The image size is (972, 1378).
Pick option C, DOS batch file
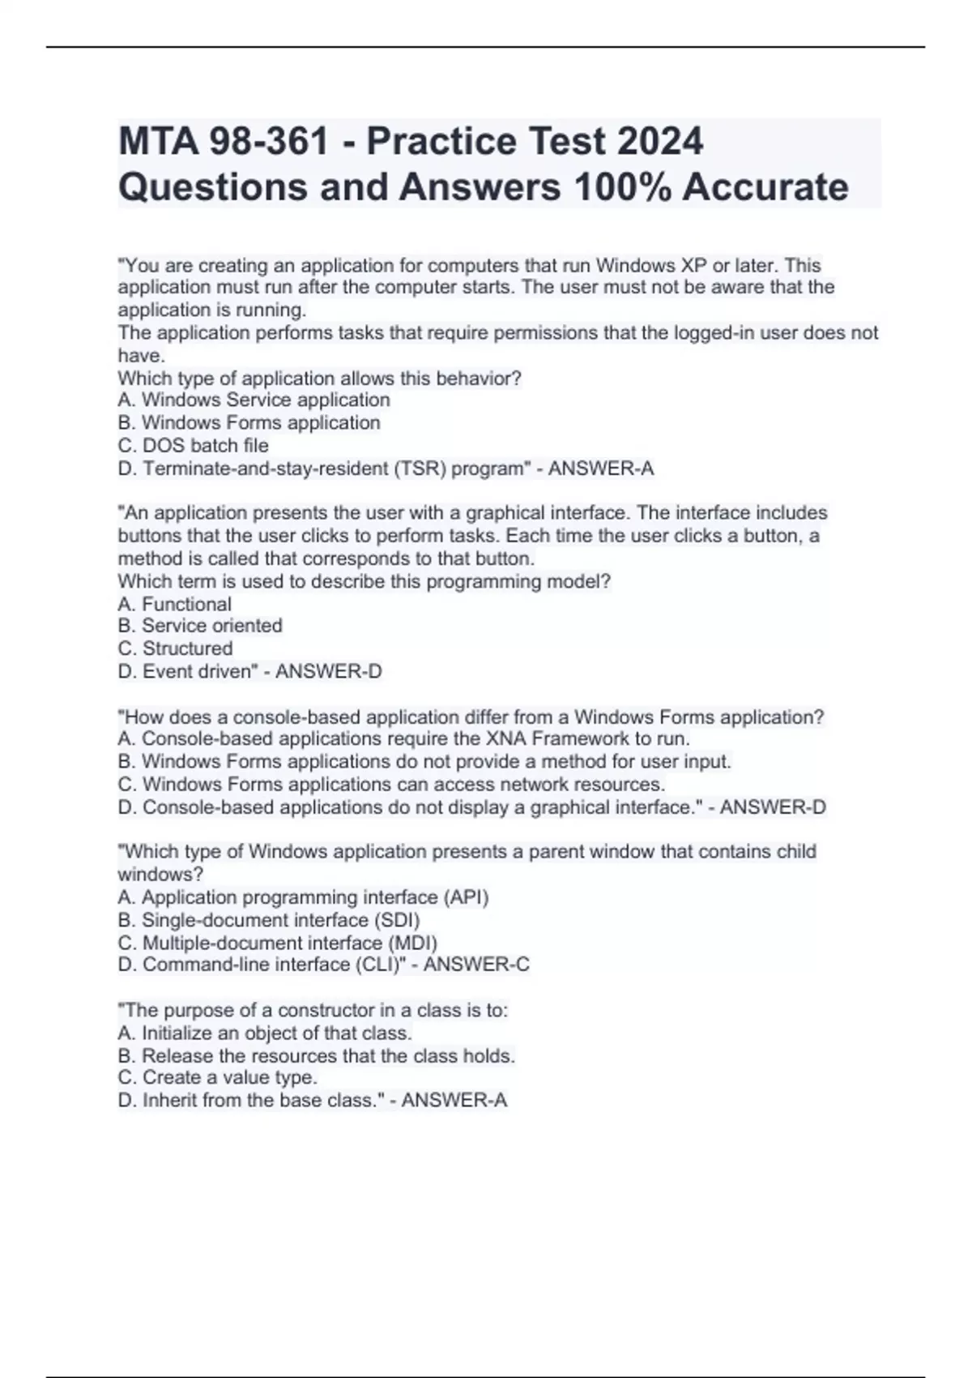(193, 445)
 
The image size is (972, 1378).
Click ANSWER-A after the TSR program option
(601, 469)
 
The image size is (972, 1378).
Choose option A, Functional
(174, 604)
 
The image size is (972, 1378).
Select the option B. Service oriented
(200, 626)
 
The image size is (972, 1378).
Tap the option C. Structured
(175, 648)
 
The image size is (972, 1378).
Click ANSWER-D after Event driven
(329, 671)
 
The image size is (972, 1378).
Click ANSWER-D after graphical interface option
(773, 807)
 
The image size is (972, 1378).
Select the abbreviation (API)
(465, 897)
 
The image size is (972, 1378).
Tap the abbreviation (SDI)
(396, 920)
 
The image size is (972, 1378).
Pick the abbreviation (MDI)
(412, 943)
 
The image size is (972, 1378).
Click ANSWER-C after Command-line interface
(476, 965)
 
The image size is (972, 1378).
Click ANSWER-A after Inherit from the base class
(454, 1100)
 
